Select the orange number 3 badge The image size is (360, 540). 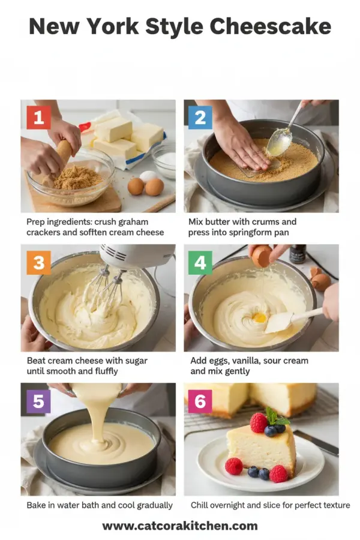pyautogui.click(x=38, y=262)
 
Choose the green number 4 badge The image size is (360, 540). pyautogui.click(x=200, y=262)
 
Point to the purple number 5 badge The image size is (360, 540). pyautogui.click(x=38, y=401)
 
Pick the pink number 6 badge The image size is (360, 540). pyautogui.click(x=200, y=401)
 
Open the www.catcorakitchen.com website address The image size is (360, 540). pyautogui.click(x=179, y=526)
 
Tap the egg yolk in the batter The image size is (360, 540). pyautogui.click(x=259, y=317)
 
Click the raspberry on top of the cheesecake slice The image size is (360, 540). pyautogui.click(x=259, y=422)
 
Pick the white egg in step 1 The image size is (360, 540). pyautogui.click(x=147, y=176)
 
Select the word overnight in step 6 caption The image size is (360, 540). pyautogui.click(x=233, y=505)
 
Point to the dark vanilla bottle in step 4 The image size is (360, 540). pyautogui.click(x=298, y=254)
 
